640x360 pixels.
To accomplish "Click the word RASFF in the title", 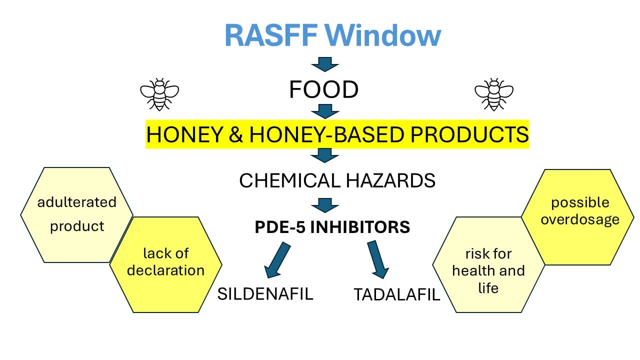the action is [271, 35].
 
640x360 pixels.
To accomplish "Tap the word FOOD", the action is [323, 89].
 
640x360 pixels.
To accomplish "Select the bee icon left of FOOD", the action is [159, 94].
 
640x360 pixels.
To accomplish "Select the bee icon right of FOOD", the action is [494, 94].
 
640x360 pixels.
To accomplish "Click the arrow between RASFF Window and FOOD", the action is [325, 64].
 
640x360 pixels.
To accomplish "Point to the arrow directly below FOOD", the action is [325, 111].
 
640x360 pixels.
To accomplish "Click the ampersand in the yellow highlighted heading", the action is [236, 134].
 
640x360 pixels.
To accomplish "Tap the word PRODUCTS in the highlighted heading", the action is [469, 134].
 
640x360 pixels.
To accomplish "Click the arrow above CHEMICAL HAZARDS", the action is [325, 155].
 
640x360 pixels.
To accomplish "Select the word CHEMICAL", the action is [289, 180].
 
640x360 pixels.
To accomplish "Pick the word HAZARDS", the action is [390, 180].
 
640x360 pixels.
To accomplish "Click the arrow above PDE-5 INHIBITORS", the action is [325, 205].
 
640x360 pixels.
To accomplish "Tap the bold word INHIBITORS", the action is [360, 227].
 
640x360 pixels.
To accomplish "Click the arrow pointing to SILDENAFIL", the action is [277, 260].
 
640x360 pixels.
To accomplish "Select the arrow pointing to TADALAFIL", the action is [378, 259].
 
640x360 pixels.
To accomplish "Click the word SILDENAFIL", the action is [265, 293].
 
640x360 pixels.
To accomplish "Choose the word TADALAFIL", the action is [397, 294].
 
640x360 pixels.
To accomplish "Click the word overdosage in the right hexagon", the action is [580, 220].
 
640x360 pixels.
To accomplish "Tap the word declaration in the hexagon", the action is [165, 270].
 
